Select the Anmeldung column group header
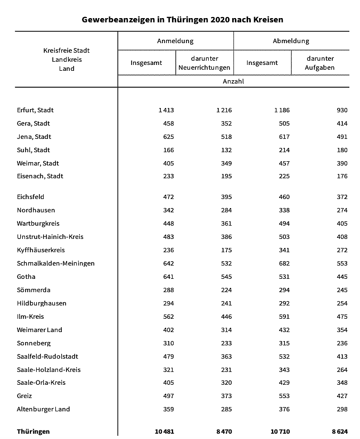pos(175,41)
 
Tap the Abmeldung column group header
pos(291,41)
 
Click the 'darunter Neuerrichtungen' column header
pos(204,63)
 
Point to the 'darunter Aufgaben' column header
pos(320,63)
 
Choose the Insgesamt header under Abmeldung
pos(262,63)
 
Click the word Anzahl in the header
pos(233,81)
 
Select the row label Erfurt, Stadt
pos(35,110)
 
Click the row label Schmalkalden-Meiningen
pos(56,263)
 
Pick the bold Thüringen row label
pos(34,432)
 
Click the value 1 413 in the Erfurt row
pos(166,110)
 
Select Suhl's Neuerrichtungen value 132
pos(226,150)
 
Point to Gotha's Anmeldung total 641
pos(168,277)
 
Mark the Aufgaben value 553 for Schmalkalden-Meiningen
pos(341,263)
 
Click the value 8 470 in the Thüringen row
pos(224,432)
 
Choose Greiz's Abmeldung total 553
pos(283,396)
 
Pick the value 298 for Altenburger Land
pos(341,409)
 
